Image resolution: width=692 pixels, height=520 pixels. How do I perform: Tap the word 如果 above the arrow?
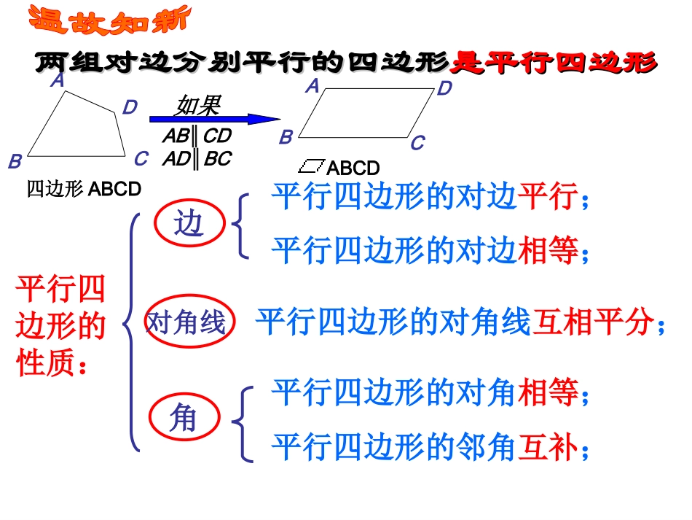(197, 106)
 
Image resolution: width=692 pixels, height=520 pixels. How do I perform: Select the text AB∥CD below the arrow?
(197, 136)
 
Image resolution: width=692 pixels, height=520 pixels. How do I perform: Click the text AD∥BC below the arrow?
(197, 158)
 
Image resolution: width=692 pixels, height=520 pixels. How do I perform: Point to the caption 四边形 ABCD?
(84, 189)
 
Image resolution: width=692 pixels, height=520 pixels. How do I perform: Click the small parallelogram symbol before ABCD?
(312, 166)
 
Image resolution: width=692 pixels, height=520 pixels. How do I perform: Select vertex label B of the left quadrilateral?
(15, 161)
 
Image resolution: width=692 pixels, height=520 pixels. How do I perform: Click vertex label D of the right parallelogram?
(444, 89)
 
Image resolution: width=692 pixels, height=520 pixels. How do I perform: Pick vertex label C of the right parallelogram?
(417, 144)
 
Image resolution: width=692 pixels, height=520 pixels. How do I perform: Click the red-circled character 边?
(188, 225)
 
